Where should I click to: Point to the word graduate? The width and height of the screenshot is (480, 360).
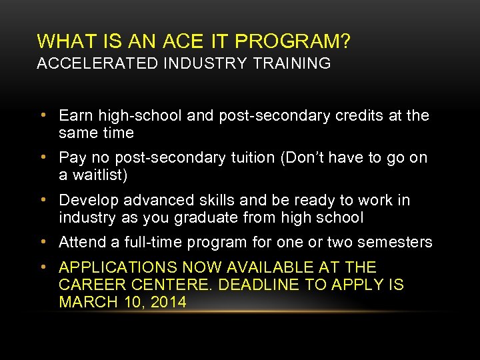point(195,217)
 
